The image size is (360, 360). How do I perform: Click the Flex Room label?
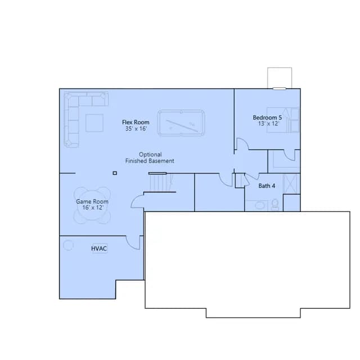pyautogui.click(x=136, y=122)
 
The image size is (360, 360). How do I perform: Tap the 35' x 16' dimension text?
pyautogui.click(x=136, y=129)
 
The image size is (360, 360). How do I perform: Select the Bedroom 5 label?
pyautogui.click(x=267, y=118)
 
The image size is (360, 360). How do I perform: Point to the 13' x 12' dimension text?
pyautogui.click(x=268, y=124)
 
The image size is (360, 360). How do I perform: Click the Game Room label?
pyautogui.click(x=92, y=201)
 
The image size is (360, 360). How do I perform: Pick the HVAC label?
pyautogui.click(x=99, y=249)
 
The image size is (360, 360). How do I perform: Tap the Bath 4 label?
pyautogui.click(x=267, y=186)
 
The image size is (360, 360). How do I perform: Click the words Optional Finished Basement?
pyautogui.click(x=150, y=157)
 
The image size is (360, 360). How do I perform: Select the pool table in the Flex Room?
pyautogui.click(x=181, y=123)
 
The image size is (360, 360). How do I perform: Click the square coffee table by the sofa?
pyautogui.click(x=94, y=123)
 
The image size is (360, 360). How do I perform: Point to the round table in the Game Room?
pyautogui.click(x=92, y=205)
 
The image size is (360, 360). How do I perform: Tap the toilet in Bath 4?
pyautogui.click(x=275, y=204)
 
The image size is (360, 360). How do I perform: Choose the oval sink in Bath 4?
pyautogui.click(x=260, y=205)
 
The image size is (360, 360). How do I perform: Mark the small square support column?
pyautogui.click(x=115, y=173)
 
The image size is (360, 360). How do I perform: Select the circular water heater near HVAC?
pyautogui.click(x=68, y=245)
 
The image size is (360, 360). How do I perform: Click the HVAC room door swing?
pyautogui.click(x=133, y=242)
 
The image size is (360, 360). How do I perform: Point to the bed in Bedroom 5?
pyautogui.click(x=283, y=120)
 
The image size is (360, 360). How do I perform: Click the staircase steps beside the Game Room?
pyautogui.click(x=160, y=182)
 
